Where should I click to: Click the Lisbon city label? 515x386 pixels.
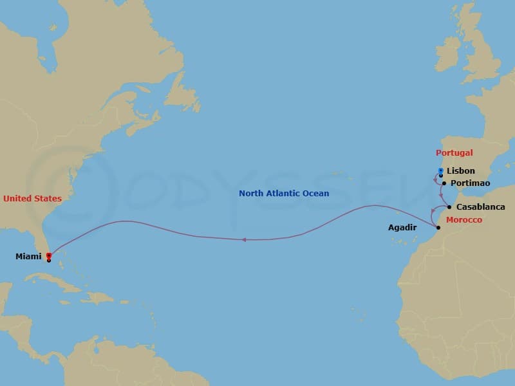[x=460, y=171]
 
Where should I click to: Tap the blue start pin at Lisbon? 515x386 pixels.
[x=440, y=171]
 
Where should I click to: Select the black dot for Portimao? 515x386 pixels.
[x=444, y=183]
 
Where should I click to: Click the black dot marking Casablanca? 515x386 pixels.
[x=449, y=207]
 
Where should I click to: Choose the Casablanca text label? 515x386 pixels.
[x=480, y=207]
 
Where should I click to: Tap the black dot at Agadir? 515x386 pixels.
[x=438, y=228]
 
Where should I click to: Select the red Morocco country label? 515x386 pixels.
[x=464, y=220]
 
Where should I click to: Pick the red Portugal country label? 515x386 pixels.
[x=454, y=153]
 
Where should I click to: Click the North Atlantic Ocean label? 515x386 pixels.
[x=283, y=193]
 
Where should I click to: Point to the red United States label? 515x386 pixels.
[x=32, y=199]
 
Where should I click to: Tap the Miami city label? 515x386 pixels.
[x=28, y=257]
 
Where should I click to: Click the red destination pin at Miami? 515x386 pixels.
[x=49, y=256]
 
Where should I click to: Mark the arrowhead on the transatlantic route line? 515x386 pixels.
[x=244, y=240]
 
